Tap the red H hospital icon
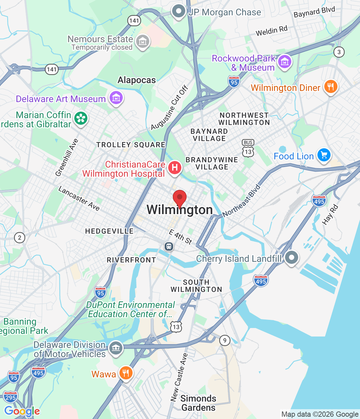tap(175, 168)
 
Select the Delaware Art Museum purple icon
tap(116, 98)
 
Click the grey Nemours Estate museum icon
tap(143, 42)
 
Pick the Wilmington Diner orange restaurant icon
tap(331, 87)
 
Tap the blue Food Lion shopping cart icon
tap(324, 155)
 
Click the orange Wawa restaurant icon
tap(126, 373)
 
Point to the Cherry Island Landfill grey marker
tap(291, 258)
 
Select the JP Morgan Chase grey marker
tap(179, 11)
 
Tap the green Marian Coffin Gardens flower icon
tap(81, 118)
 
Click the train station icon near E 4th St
tap(169, 246)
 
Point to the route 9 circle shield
tap(225, 340)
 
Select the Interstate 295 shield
tap(10, 397)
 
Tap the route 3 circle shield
tap(339, 52)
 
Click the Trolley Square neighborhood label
tap(131, 145)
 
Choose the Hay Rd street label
tap(330, 215)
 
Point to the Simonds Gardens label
tap(198, 403)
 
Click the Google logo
tap(22, 411)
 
